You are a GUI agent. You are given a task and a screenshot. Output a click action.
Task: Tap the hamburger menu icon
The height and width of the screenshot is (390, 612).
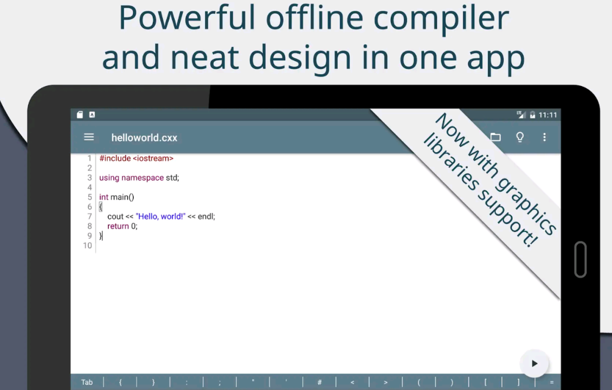coord(89,137)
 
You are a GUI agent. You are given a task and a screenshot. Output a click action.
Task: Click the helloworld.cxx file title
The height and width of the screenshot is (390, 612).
coord(144,138)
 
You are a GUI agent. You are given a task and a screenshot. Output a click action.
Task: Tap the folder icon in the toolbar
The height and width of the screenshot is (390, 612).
coord(495,137)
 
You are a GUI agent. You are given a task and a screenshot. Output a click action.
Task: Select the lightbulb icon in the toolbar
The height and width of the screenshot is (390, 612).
coord(520,137)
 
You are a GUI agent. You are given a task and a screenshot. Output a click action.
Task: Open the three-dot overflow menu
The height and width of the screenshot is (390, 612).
coord(544,137)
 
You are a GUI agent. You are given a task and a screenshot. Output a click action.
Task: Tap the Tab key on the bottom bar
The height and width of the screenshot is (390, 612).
coord(87,382)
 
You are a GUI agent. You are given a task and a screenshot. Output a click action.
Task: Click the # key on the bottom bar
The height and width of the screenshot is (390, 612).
coord(319,382)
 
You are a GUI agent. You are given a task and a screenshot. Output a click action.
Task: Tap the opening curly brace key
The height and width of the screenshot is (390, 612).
coord(120,382)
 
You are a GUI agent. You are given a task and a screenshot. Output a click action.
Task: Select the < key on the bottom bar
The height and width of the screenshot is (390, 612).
coord(352,382)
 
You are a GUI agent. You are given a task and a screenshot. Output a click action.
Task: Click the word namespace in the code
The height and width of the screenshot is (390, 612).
coord(143,178)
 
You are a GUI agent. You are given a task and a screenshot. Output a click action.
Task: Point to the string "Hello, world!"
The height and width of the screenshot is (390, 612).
coord(160,217)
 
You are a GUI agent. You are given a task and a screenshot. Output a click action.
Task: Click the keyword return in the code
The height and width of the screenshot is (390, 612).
coord(118,226)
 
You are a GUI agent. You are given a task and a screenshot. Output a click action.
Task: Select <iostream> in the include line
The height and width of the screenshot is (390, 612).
coord(153,158)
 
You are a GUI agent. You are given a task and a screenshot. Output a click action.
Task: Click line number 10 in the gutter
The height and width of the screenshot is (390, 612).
coord(87,246)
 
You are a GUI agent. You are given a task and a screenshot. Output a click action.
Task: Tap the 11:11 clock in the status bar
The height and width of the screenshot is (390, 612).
coord(547,115)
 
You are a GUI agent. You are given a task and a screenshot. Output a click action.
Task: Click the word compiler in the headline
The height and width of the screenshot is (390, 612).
coord(441,19)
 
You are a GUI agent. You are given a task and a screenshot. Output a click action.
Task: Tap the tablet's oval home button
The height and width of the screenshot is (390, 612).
coord(581,259)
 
